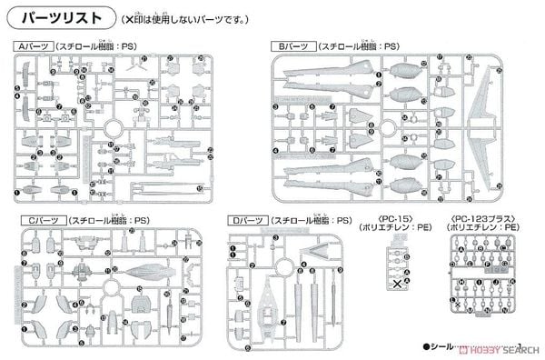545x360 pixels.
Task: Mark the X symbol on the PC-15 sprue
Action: tap(396, 284)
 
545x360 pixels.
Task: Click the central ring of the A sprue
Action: tap(119, 129)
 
